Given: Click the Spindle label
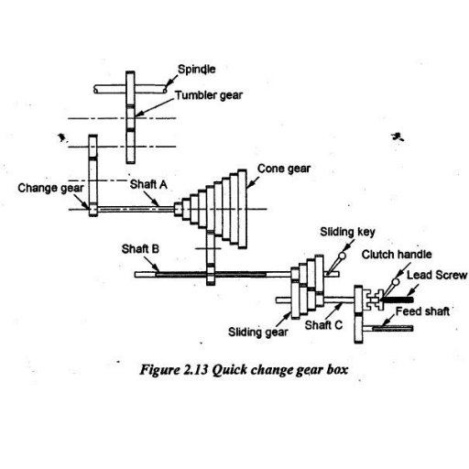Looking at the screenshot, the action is (197, 70).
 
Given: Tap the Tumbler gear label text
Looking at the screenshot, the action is (209, 95).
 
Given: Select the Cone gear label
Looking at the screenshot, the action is (284, 169).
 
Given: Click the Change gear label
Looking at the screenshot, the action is (50, 188).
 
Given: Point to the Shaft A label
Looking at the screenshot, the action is (148, 184).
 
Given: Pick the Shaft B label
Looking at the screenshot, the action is (140, 249).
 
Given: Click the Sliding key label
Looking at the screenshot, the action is (347, 232).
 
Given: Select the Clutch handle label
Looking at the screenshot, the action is (397, 255).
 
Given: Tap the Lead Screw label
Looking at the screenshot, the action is (437, 275).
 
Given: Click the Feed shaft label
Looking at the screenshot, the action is (422, 311).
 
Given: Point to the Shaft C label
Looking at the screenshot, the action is (323, 325).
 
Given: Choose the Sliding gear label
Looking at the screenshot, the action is (258, 332).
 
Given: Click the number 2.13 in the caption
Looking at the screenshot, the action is (196, 370).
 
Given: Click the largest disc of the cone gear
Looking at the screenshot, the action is (242, 209).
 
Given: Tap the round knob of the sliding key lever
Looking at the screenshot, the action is (343, 256).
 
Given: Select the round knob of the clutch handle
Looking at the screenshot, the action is (396, 282).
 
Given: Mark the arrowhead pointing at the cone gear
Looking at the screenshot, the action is (249, 185).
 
